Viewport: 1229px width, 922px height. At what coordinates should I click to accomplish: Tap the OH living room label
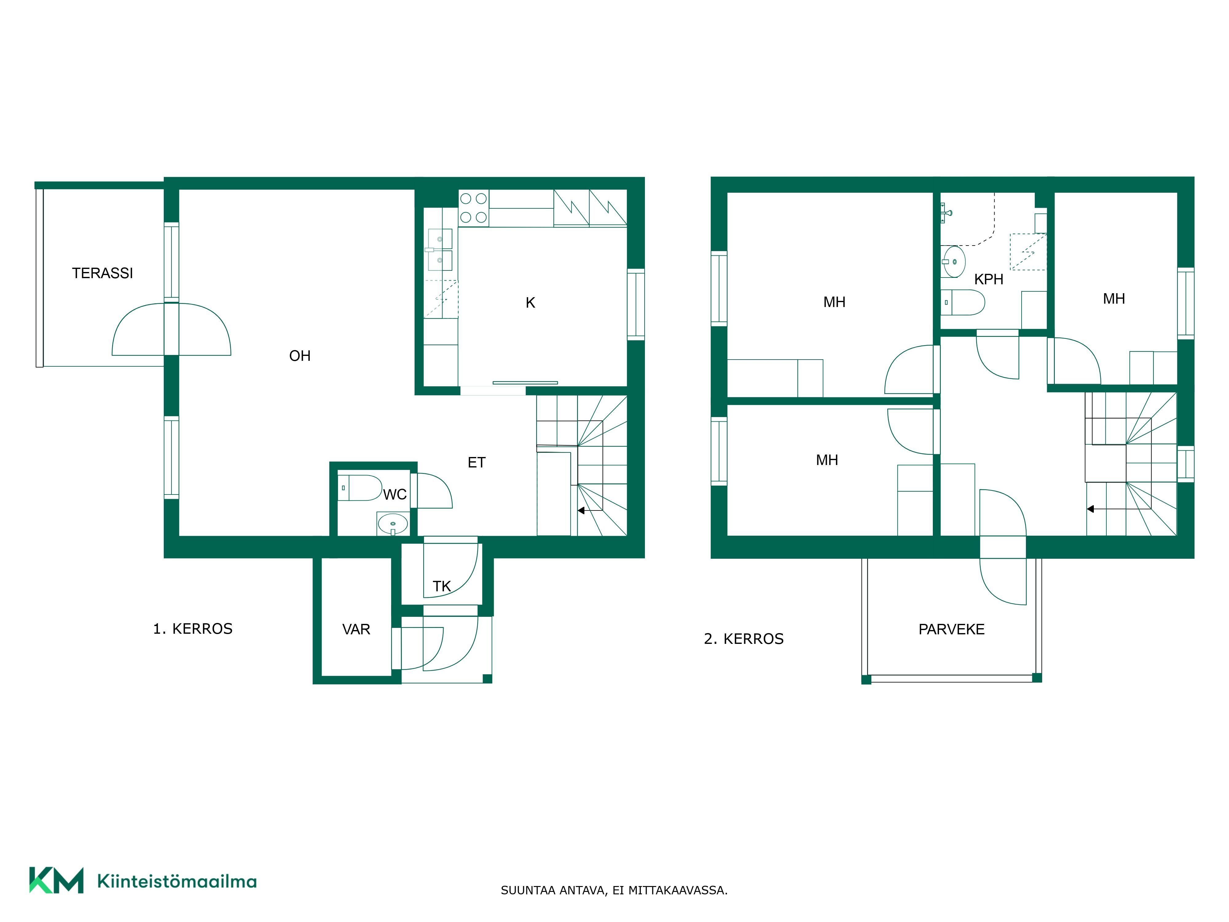(300, 356)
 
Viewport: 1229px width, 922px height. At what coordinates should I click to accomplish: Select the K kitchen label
(531, 303)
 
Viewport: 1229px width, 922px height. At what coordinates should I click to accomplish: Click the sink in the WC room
(393, 523)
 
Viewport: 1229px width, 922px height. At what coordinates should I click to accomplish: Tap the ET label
(477, 463)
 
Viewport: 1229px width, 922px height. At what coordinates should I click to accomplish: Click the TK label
(442, 586)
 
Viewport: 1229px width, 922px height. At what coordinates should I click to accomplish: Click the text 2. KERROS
(744, 639)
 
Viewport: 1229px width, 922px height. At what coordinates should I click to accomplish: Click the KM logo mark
(56, 880)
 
